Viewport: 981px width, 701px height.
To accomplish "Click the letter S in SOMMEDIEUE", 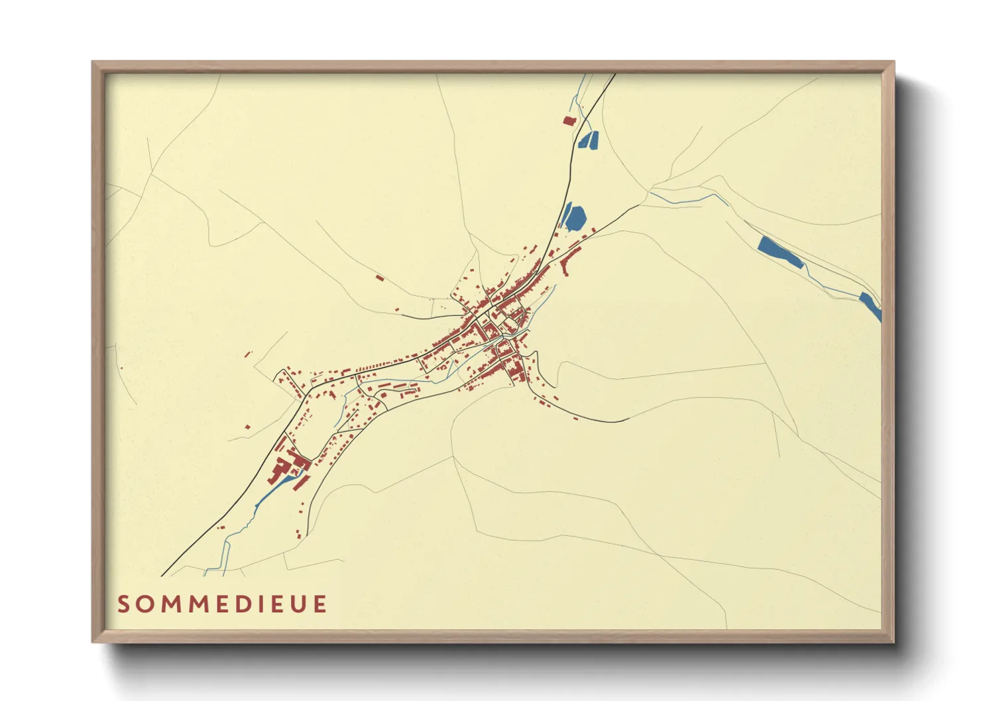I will (124, 604).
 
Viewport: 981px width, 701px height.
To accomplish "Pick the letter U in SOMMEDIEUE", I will (298, 604).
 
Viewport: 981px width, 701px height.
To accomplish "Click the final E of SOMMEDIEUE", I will (321, 604).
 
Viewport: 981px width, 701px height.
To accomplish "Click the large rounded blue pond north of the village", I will (575, 217).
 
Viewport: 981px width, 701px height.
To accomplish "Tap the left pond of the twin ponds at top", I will (585, 140).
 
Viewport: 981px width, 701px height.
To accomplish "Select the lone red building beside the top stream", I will (568, 121).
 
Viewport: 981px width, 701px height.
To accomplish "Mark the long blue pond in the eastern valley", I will (780, 252).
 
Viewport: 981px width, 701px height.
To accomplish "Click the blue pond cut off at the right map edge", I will (871, 305).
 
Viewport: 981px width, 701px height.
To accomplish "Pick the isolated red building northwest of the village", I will (379, 278).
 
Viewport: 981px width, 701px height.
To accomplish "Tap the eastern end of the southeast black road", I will (627, 419).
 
